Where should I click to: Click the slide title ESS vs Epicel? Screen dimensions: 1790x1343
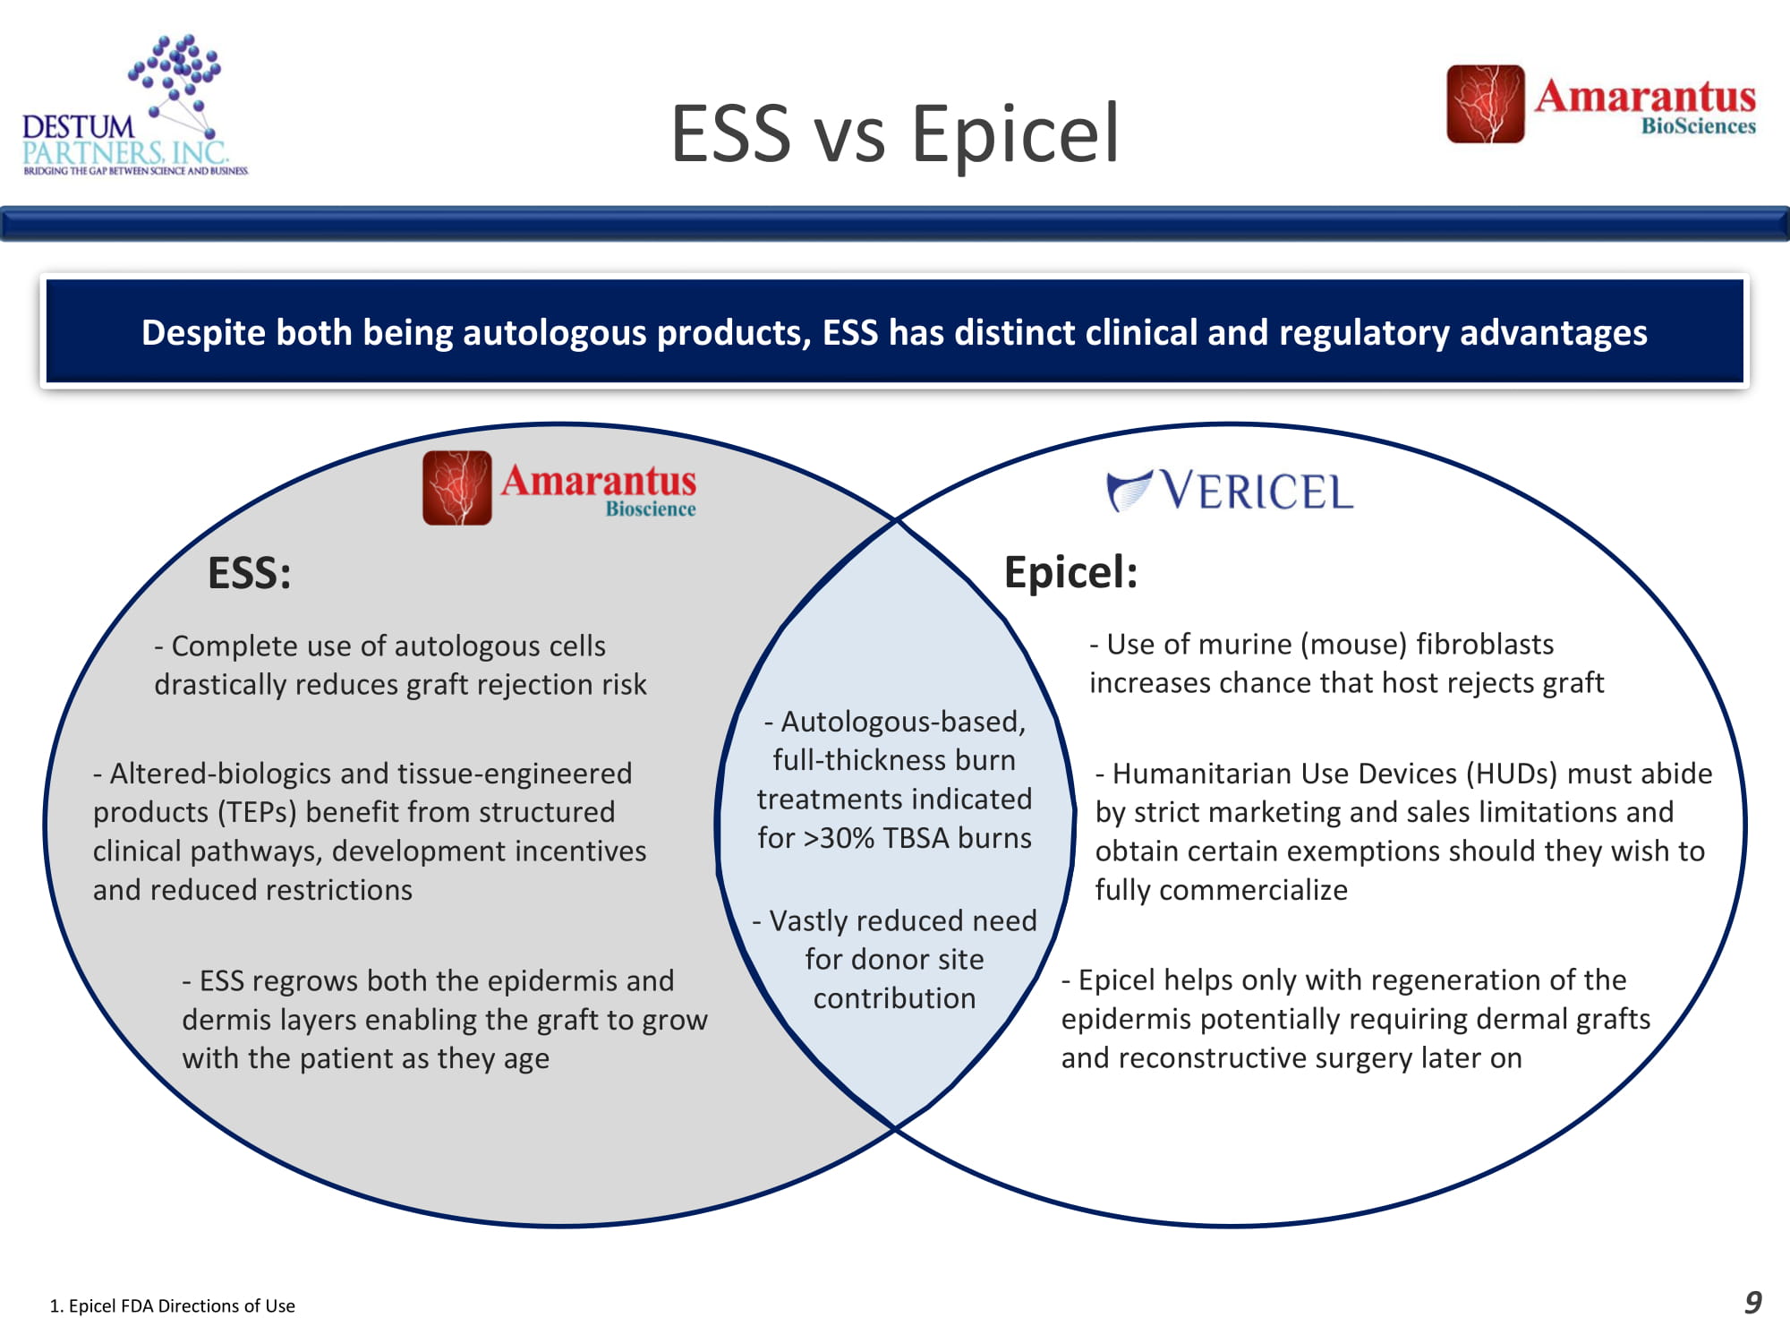(895, 133)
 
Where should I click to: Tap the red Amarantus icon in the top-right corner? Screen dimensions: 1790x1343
(1485, 104)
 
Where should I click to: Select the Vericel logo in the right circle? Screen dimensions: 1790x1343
(1230, 491)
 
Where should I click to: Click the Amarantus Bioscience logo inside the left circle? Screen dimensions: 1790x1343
(559, 487)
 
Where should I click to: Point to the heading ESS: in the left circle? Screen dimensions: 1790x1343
(250, 573)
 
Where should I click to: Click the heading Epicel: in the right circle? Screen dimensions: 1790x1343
(1070, 572)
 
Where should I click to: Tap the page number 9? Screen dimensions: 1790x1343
(1752, 1302)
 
